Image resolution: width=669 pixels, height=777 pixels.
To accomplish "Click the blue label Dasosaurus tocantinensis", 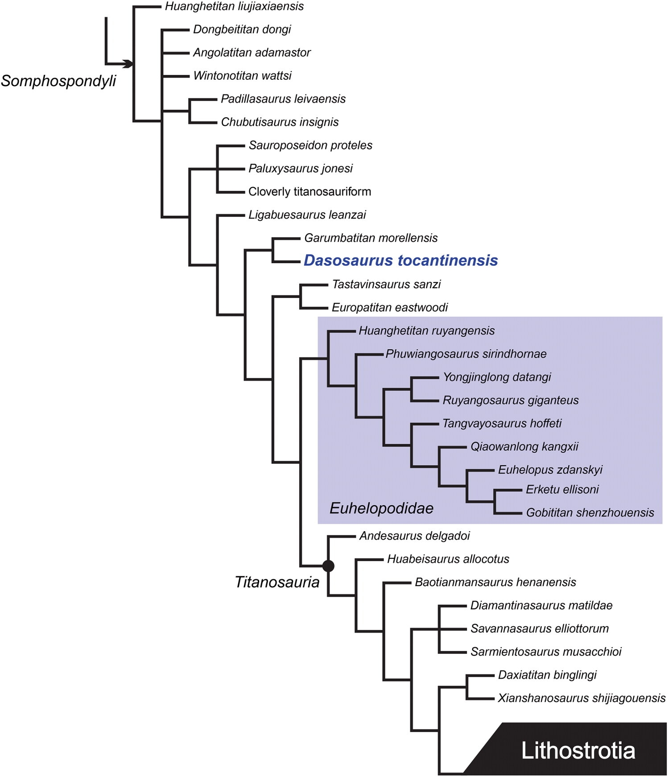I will pyautogui.click(x=401, y=260).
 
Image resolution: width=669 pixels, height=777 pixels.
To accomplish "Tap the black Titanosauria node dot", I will pyautogui.click(x=328, y=566).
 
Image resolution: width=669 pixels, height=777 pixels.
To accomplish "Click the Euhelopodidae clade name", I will pyautogui.click(x=381, y=508).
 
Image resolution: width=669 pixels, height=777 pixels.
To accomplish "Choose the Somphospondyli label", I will pyautogui.click(x=58, y=81).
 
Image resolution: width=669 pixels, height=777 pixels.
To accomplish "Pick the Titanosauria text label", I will pyautogui.click(x=277, y=582).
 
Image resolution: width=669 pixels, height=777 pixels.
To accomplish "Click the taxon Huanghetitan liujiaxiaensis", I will pyautogui.click(x=234, y=6).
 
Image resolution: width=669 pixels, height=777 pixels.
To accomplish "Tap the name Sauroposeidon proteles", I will pyautogui.click(x=310, y=145).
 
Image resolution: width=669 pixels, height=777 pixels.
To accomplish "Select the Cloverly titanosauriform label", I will pyautogui.click(x=310, y=192).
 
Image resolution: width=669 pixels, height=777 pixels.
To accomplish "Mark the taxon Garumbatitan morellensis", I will pyautogui.click(x=371, y=238).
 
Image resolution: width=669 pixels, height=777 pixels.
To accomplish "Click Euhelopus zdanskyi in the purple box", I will pyautogui.click(x=550, y=470).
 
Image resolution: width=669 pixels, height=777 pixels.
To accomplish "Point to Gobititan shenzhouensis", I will pyautogui.click(x=590, y=512).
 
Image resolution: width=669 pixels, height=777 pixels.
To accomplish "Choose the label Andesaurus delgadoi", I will pyautogui.click(x=414, y=536).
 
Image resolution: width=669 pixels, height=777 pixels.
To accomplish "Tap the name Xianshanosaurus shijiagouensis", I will pyautogui.click(x=582, y=698).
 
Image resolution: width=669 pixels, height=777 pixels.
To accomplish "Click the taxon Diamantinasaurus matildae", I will pyautogui.click(x=541, y=605).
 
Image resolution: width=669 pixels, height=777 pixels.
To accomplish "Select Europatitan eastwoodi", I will pyautogui.click(x=390, y=307).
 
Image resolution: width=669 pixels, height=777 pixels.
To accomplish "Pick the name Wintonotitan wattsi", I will pyautogui.click(x=242, y=76).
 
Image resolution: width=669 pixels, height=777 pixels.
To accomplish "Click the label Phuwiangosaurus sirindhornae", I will pyautogui.click(x=466, y=354).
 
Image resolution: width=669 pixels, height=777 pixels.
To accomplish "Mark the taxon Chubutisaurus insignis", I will pyautogui.click(x=280, y=122).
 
